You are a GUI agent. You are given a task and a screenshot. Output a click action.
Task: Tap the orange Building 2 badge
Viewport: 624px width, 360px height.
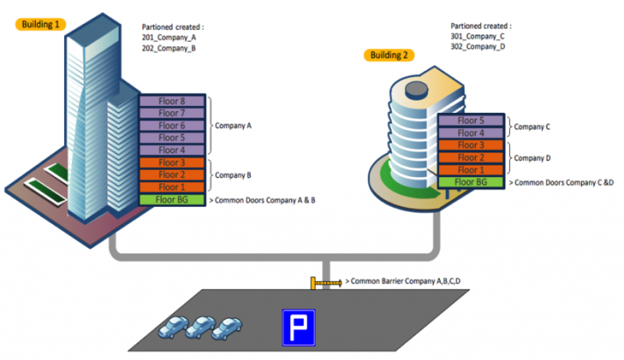pos(388,55)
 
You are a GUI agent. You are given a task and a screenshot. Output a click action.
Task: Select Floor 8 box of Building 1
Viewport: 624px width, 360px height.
pos(172,102)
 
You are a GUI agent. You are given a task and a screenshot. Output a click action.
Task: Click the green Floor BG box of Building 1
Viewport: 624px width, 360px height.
pos(172,200)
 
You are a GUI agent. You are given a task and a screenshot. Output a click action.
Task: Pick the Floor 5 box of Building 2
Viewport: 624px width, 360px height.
pos(470,121)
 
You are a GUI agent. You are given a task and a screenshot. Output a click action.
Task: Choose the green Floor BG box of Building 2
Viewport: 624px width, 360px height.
pos(470,182)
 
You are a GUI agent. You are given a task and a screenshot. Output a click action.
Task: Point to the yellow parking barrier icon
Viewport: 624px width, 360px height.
pos(325,283)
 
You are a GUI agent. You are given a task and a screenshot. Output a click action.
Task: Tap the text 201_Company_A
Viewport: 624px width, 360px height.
pos(168,39)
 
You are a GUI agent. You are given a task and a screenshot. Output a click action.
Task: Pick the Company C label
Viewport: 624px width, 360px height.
pos(532,127)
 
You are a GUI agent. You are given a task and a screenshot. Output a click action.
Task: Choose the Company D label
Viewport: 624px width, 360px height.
pos(532,158)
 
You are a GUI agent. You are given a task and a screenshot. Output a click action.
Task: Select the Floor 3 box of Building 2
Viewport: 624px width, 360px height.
pos(470,145)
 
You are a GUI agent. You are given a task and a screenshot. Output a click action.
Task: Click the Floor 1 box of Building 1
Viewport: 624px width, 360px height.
pos(172,187)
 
